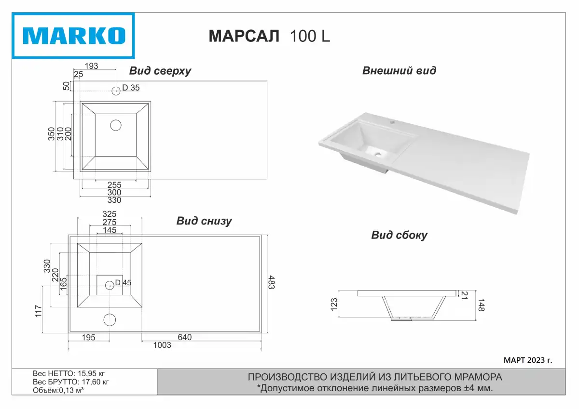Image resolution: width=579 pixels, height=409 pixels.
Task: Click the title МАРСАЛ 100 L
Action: coord(269,36)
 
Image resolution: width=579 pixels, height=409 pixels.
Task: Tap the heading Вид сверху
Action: coord(160,71)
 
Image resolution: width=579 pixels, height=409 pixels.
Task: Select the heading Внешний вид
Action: coord(399,70)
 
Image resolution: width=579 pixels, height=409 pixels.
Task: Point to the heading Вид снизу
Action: coord(204,221)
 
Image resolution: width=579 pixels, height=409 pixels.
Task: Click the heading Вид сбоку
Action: coord(399,236)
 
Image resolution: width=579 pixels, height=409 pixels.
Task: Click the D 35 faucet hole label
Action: coord(131,88)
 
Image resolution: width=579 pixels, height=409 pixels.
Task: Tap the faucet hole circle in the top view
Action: coord(116,91)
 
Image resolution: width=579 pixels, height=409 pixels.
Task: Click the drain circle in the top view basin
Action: coord(115,125)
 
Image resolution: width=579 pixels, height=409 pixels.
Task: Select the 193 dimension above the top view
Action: coord(92,66)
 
